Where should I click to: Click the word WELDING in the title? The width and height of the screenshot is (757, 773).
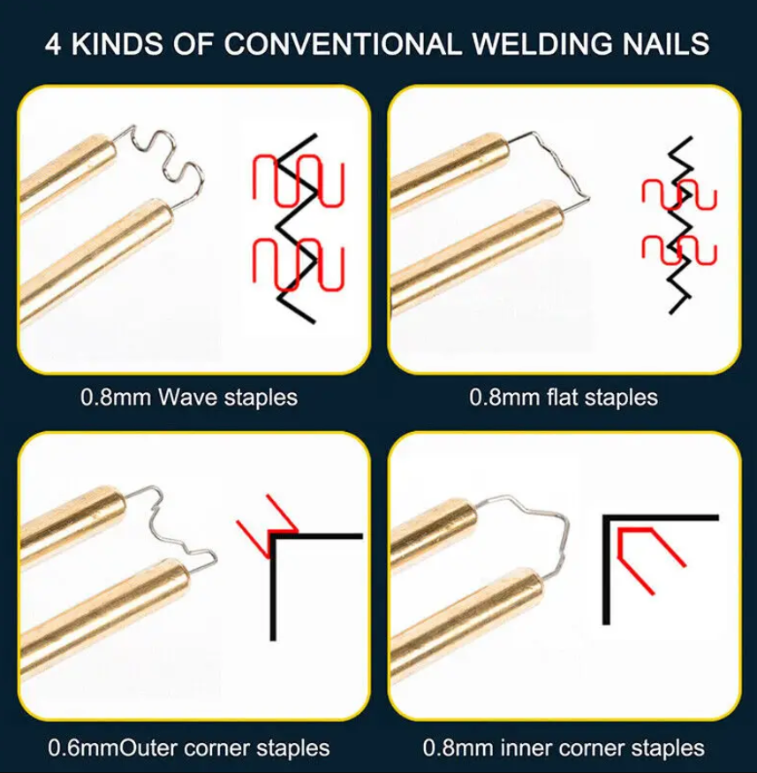[542, 43]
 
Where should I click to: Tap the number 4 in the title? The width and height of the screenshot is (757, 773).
[53, 44]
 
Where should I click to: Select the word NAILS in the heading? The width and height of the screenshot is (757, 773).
[666, 43]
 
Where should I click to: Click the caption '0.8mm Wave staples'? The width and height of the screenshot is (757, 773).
[189, 398]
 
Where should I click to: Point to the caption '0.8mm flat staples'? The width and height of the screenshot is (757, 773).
[564, 398]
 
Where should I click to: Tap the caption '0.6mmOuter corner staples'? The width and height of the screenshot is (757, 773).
[189, 748]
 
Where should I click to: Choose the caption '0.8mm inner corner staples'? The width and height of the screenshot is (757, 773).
[564, 748]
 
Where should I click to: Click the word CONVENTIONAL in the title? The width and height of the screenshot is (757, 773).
[343, 43]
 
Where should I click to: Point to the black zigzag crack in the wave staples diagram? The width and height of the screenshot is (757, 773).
[296, 229]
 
